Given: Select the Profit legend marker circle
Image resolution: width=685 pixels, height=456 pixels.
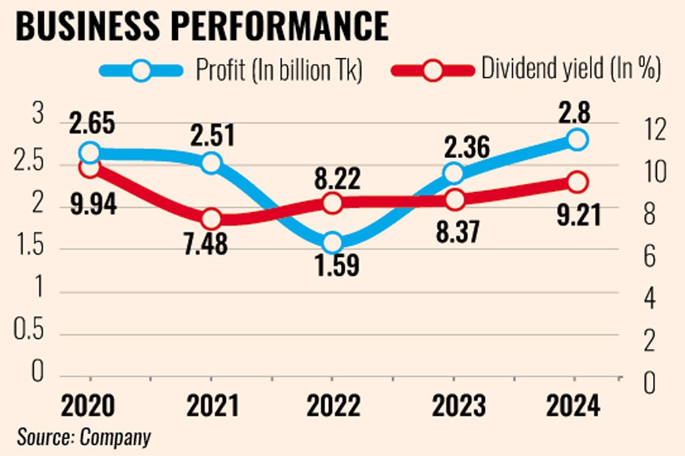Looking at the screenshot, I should pyautogui.click(x=141, y=71).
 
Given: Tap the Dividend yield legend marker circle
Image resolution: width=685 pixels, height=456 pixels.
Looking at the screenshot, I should pyautogui.click(x=434, y=71).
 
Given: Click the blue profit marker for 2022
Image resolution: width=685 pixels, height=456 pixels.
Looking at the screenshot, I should pyautogui.click(x=333, y=243).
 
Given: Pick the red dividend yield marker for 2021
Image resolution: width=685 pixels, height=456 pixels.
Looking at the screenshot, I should pyautogui.click(x=212, y=219).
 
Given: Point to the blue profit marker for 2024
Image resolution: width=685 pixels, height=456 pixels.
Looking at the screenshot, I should pyautogui.click(x=576, y=140).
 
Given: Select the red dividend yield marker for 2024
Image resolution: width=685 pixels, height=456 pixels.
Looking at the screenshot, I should pyautogui.click(x=576, y=182).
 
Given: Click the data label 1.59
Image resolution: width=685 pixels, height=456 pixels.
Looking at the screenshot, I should pyautogui.click(x=333, y=267).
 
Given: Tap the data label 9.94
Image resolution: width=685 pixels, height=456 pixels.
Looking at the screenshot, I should pyautogui.click(x=89, y=204).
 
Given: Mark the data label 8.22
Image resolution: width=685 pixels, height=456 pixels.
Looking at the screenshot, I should pyautogui.click(x=333, y=180).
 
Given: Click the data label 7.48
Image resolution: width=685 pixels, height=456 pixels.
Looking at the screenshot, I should pyautogui.click(x=212, y=245).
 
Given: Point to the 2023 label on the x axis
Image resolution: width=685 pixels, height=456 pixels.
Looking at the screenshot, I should pyautogui.click(x=454, y=406).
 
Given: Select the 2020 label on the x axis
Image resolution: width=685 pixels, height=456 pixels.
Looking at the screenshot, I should pyautogui.click(x=89, y=406).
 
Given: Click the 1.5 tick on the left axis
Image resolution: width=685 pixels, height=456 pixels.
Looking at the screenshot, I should pyautogui.click(x=30, y=249).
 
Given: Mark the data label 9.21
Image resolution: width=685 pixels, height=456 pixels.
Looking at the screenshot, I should pyautogui.click(x=576, y=215).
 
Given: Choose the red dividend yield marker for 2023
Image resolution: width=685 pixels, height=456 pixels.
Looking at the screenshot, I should pyautogui.click(x=454, y=200).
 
